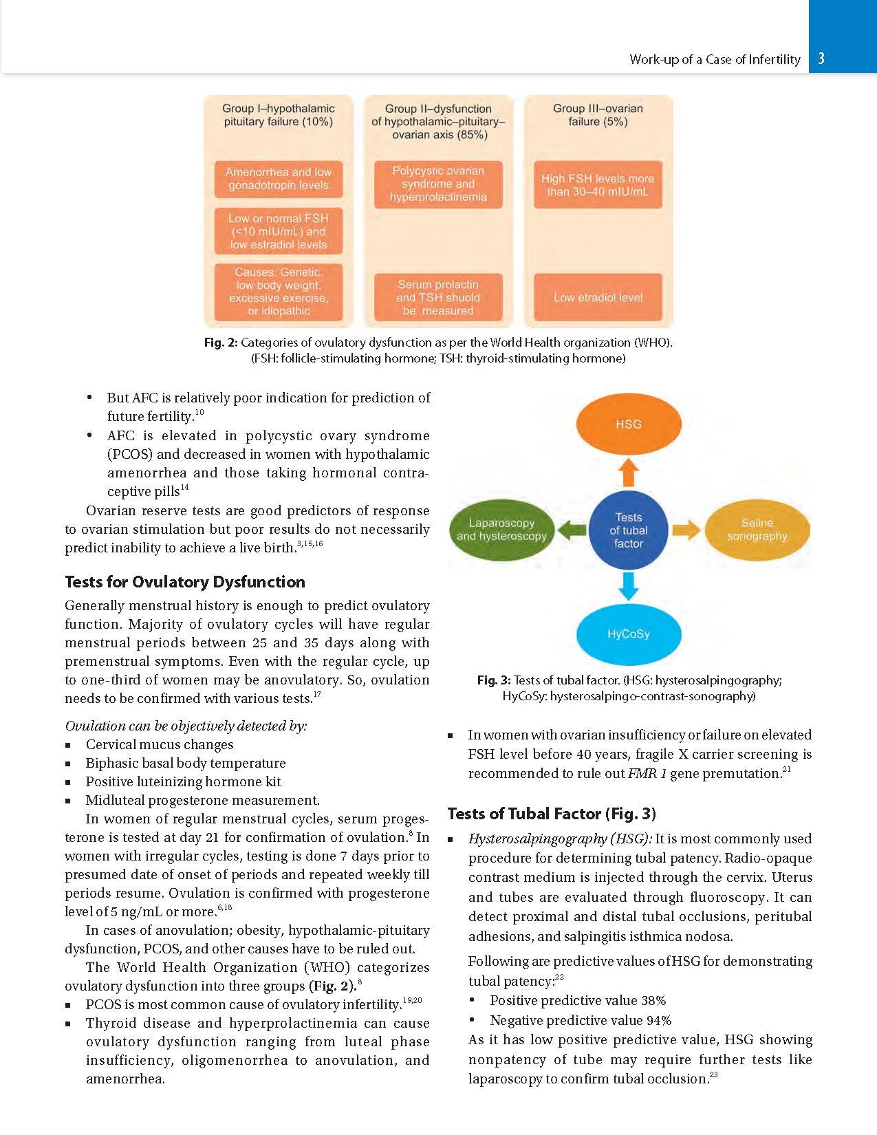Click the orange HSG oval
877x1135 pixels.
coord(628,424)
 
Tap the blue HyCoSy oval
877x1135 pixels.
coord(628,634)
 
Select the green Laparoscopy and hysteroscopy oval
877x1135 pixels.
coord(501,530)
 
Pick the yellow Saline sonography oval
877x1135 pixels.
coord(757,530)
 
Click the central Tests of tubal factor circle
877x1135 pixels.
coord(628,530)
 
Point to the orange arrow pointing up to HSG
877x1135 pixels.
coord(628,473)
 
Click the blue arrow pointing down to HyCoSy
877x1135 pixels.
coord(628,585)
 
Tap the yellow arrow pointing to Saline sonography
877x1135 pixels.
coord(686,530)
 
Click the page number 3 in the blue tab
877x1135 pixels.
coord(821,59)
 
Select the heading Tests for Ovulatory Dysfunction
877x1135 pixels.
coord(185,582)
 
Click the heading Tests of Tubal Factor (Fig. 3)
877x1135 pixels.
coord(552,814)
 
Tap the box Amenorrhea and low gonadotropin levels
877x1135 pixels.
coord(279,179)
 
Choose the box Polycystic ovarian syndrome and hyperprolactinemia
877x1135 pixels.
coord(438,184)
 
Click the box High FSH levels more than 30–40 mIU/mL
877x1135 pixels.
coord(598,185)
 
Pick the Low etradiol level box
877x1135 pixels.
coord(598,298)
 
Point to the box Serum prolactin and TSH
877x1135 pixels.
coord(438,298)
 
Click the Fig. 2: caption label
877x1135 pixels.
coord(221,343)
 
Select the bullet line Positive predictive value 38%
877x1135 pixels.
coord(578,1001)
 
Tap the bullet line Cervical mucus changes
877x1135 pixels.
coord(160,745)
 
